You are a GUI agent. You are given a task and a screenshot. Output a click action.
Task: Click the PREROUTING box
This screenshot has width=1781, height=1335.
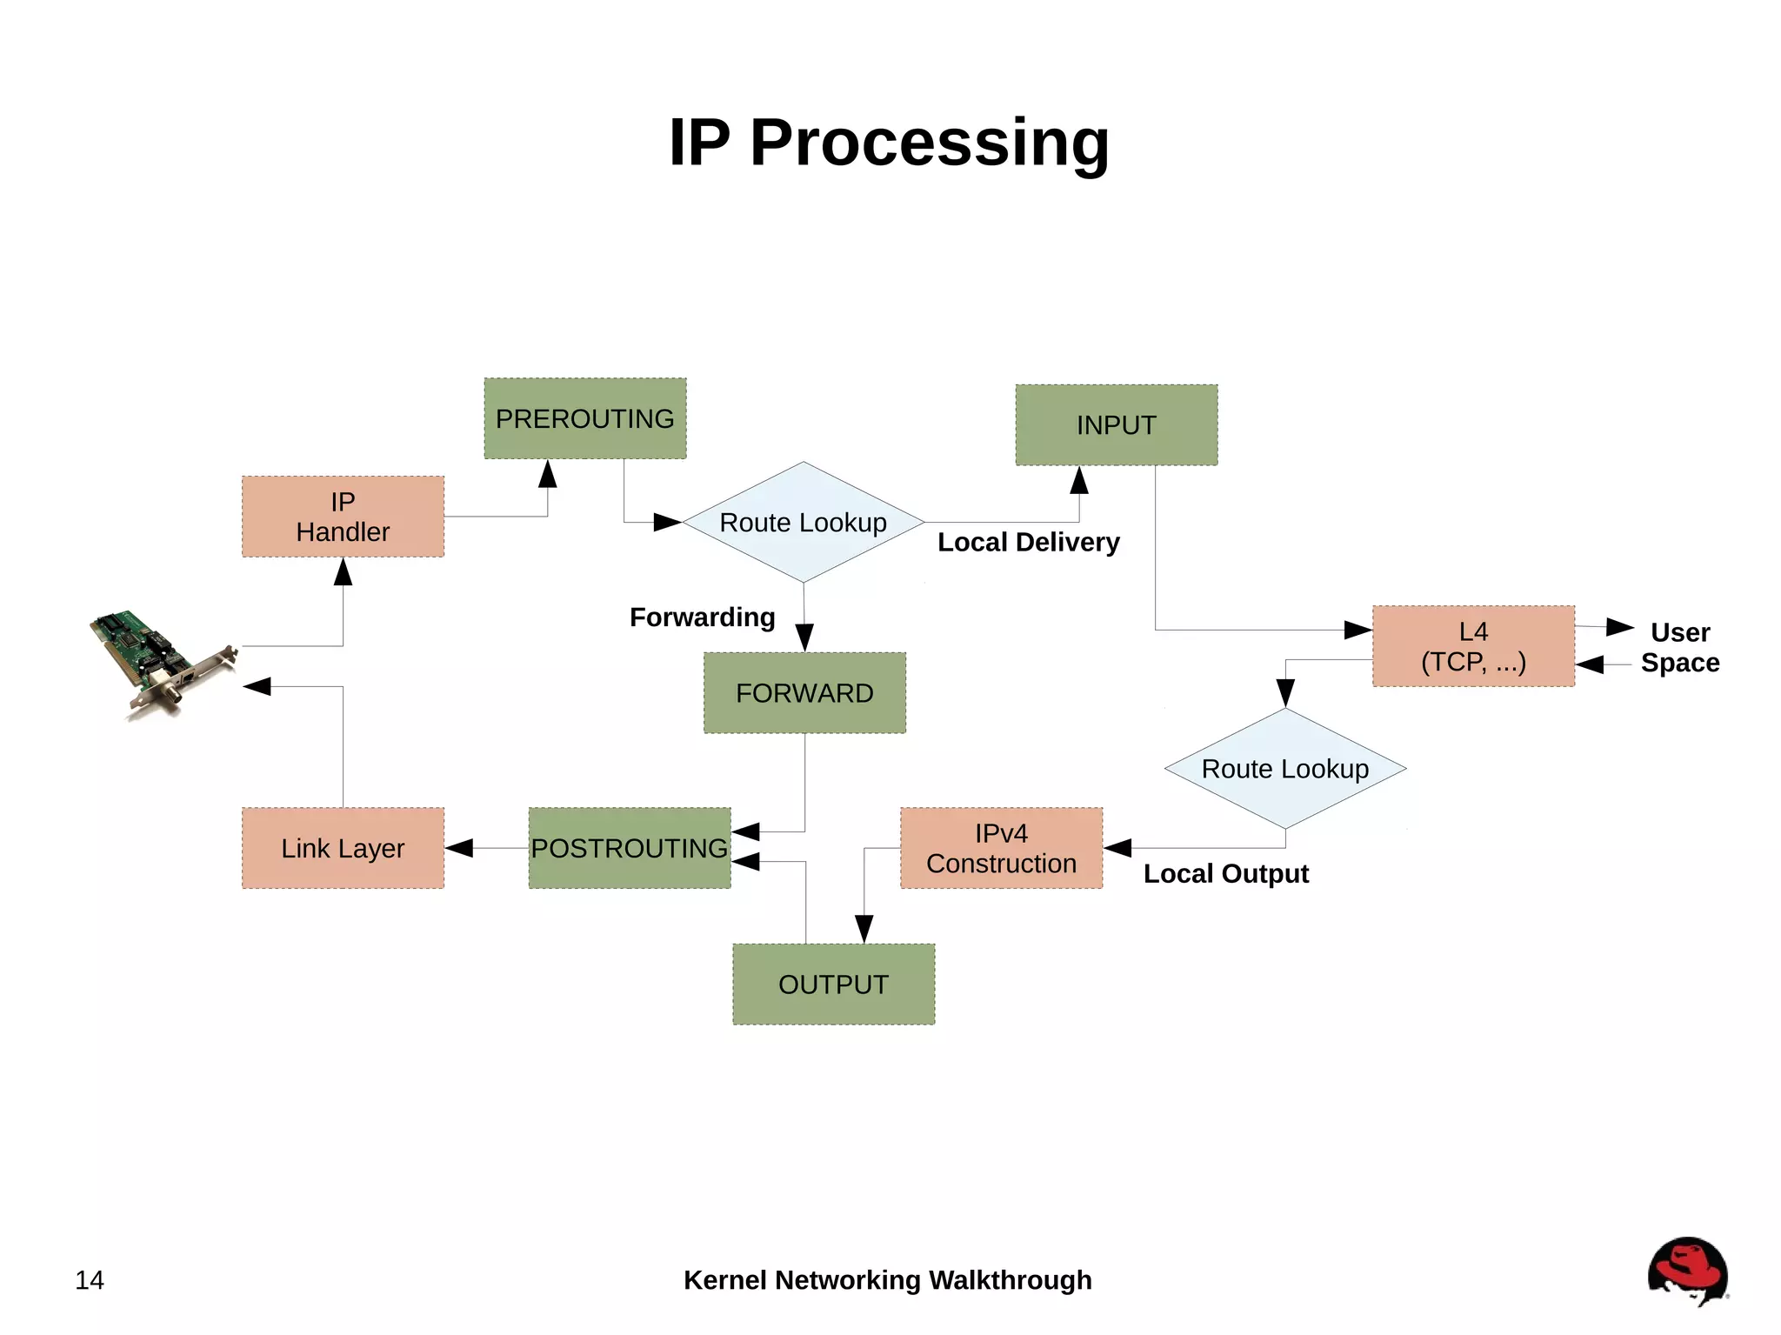point(584,418)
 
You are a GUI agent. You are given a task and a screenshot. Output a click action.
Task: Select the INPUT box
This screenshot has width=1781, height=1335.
point(1116,425)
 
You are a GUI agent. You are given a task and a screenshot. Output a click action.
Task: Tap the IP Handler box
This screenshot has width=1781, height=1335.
point(343,517)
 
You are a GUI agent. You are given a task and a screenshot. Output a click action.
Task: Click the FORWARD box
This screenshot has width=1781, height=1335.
point(804,693)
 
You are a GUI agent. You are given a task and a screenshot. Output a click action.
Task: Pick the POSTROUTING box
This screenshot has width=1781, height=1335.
point(629,848)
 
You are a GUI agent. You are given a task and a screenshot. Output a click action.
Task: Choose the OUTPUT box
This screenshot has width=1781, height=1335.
point(833,985)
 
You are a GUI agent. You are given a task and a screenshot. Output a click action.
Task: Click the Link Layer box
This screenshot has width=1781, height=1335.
point(343,848)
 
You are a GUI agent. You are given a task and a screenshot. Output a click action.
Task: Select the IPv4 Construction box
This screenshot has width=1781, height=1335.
point(1001,848)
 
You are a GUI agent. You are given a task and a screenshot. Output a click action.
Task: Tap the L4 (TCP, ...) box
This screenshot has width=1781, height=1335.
point(1473,646)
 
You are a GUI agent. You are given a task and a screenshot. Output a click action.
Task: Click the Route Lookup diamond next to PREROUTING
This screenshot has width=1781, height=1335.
point(803,523)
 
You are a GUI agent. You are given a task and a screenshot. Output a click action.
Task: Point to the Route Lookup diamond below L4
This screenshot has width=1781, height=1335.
point(1284,769)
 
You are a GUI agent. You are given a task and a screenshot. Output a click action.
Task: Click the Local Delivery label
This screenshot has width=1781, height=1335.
point(1028,543)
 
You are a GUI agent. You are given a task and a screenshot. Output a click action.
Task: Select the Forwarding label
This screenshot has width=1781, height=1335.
point(702,617)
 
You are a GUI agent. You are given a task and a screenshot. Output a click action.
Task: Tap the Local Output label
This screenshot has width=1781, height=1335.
point(1225,874)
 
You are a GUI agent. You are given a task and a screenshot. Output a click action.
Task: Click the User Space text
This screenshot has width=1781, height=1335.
point(1679,647)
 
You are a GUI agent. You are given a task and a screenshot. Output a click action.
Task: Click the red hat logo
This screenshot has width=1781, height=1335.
point(1687,1270)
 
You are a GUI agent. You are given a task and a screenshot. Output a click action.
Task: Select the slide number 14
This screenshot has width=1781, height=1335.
point(90,1280)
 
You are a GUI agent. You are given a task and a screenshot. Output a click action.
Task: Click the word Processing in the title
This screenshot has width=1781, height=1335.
point(929,143)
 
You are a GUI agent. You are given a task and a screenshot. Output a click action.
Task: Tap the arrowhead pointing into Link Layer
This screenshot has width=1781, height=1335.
point(459,848)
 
